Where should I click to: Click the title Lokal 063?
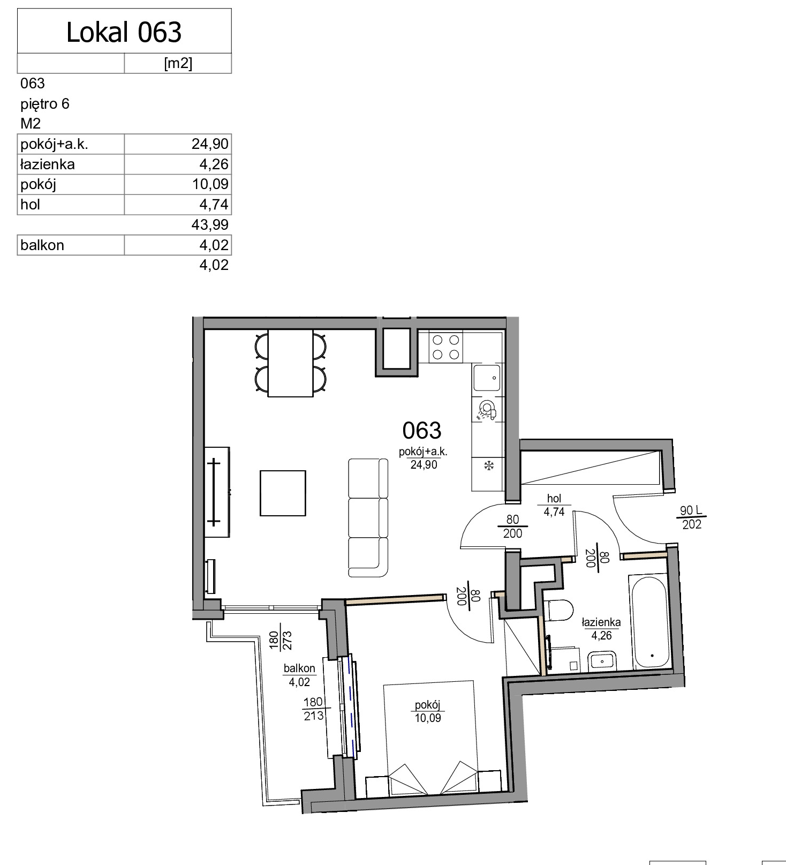[124, 32]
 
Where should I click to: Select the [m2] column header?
[178, 63]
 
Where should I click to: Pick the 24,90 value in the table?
[210, 144]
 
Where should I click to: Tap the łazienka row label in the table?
[47, 164]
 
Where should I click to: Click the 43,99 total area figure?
[210, 224]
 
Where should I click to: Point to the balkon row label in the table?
[42, 245]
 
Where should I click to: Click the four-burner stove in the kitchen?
[445, 347]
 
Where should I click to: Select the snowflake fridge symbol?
[488, 465]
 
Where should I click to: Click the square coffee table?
[283, 493]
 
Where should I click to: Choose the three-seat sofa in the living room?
[368, 517]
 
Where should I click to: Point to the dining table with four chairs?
[290, 363]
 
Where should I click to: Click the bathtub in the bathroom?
[649, 622]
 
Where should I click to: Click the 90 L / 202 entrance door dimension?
[692, 517]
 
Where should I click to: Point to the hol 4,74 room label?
[554, 505]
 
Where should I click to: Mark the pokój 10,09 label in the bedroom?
[428, 711]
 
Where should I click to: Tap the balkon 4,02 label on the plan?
[299, 675]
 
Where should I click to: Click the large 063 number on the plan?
[422, 430]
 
